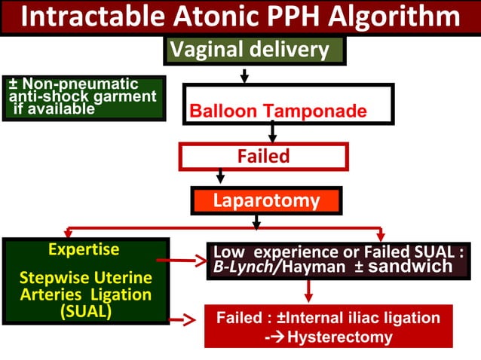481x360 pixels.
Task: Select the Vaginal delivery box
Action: pyautogui.click(x=254, y=50)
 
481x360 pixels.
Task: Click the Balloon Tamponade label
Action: pyautogui.click(x=278, y=112)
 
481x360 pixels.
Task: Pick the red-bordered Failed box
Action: pyautogui.click(x=263, y=157)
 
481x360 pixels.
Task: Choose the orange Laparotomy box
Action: pyautogui.click(x=266, y=201)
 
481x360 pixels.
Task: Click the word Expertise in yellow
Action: pyautogui.click(x=84, y=249)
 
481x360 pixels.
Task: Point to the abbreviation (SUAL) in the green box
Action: pyautogui.click(x=85, y=312)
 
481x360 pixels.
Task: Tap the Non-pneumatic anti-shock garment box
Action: pyautogui.click(x=83, y=97)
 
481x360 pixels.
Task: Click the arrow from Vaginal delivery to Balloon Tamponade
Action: pyautogui.click(x=244, y=75)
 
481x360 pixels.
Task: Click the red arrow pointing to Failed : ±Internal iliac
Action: pyautogui.click(x=185, y=320)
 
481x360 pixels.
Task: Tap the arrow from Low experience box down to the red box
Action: pyautogui.click(x=308, y=291)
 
